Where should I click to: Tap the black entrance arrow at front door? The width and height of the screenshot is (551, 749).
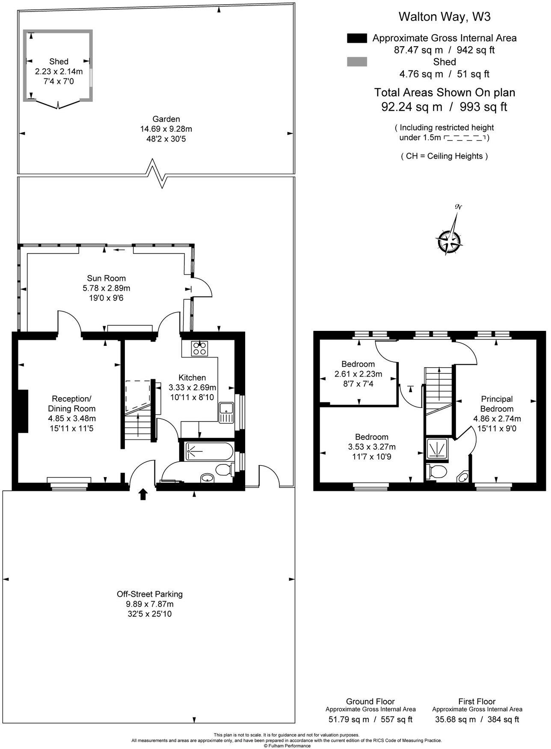(x=143, y=494)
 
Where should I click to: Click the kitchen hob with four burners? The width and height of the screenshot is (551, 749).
(x=200, y=348)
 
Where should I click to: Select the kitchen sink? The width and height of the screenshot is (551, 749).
(x=225, y=413)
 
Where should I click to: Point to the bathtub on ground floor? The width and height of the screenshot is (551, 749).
(x=209, y=451)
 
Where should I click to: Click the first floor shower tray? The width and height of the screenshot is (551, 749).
(x=437, y=449)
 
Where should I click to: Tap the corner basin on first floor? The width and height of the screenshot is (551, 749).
(x=463, y=478)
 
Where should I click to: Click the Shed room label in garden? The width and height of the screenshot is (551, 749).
(x=59, y=62)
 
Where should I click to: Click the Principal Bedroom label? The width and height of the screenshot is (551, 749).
(x=496, y=404)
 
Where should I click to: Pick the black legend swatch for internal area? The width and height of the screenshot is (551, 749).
(x=357, y=38)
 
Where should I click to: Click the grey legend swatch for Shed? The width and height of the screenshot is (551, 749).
(x=357, y=62)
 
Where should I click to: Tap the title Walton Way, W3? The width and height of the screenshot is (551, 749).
(x=444, y=17)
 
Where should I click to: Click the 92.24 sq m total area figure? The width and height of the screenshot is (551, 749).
(x=412, y=106)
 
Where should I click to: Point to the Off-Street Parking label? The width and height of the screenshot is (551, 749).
(x=150, y=594)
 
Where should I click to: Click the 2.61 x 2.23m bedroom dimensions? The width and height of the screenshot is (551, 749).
(x=358, y=374)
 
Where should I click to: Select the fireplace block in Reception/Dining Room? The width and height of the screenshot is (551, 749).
(x=23, y=411)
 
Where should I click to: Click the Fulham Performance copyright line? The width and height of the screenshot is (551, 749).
(x=287, y=746)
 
